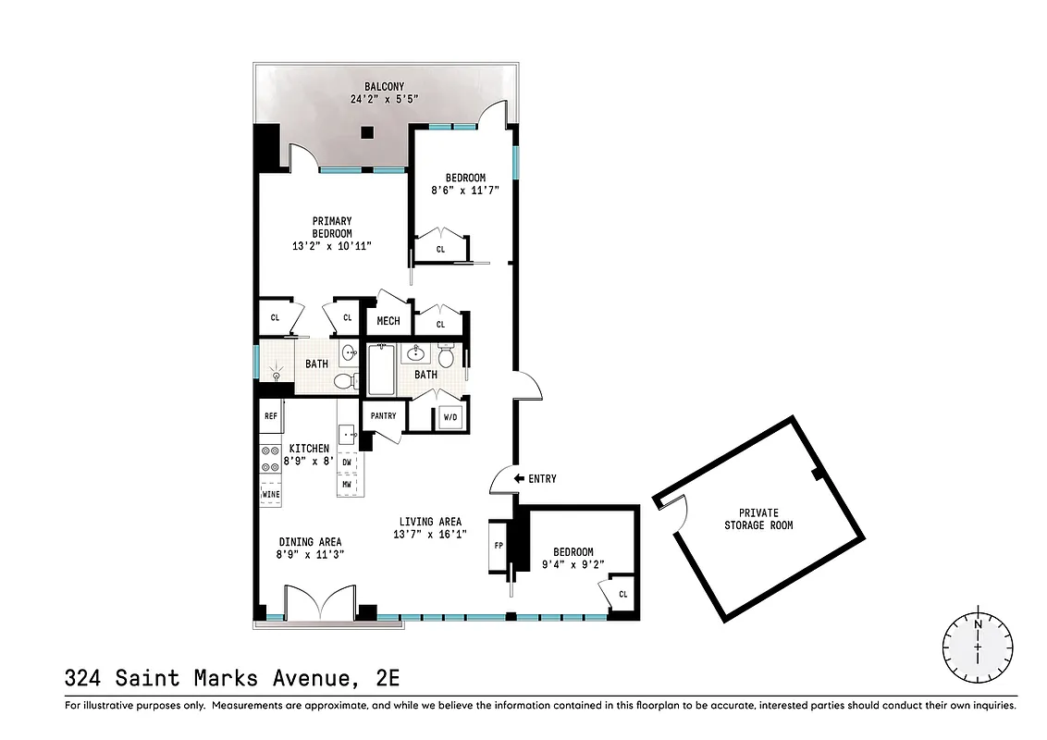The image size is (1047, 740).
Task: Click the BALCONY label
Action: [x=384, y=87]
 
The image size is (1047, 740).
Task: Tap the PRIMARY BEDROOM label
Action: [x=331, y=227]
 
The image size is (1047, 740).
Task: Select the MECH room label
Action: [x=388, y=322]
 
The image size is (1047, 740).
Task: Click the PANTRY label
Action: [x=383, y=416]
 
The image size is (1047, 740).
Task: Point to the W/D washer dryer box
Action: [x=451, y=417]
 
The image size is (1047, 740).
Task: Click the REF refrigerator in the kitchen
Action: [x=271, y=416]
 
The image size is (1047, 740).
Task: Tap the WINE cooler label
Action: [x=271, y=495]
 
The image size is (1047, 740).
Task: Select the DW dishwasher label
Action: [x=347, y=462]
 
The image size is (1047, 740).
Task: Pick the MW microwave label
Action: [x=347, y=484]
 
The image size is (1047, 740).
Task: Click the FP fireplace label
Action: [x=499, y=546]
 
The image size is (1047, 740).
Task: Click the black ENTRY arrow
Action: [x=519, y=478]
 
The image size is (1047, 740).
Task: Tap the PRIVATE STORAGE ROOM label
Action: [x=758, y=519]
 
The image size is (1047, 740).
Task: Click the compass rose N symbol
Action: [x=978, y=625]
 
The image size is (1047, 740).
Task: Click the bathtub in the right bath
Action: [x=381, y=370]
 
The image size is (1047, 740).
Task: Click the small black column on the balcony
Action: [x=367, y=133]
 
